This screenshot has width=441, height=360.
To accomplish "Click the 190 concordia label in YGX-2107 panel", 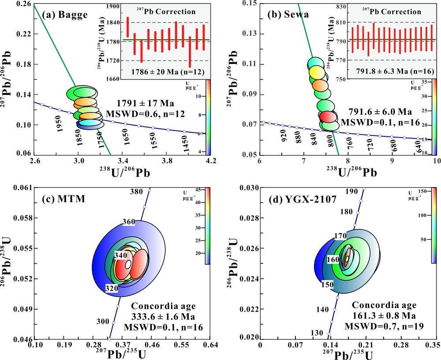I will pos(351,192).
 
